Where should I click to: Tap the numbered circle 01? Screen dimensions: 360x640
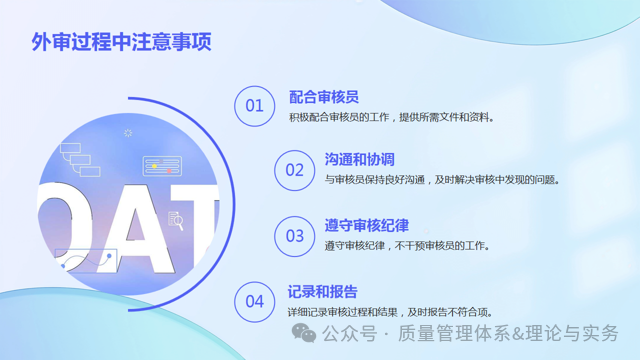pyautogui.click(x=254, y=105)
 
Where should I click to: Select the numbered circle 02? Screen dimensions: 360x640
pyautogui.click(x=294, y=170)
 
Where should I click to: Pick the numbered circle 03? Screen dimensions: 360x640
pyautogui.click(x=294, y=236)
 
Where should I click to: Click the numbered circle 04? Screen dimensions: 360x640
pyautogui.click(x=254, y=301)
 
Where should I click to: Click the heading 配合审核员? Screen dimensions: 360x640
pyautogui.click(x=323, y=96)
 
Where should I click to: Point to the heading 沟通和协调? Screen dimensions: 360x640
pyautogui.click(x=359, y=160)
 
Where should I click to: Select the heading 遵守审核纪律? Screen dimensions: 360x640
pyautogui.click(x=366, y=225)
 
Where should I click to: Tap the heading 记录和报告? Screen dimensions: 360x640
pyautogui.click(x=322, y=291)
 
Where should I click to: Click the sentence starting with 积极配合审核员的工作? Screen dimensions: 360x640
pyautogui.click(x=391, y=117)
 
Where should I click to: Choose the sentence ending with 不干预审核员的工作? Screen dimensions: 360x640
pyautogui.click(x=407, y=246)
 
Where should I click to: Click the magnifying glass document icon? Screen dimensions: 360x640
pyautogui.click(x=176, y=220)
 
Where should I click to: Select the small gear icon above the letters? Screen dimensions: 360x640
pyautogui.click(x=128, y=133)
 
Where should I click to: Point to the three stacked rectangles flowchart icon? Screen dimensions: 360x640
pyautogui.click(x=75, y=157)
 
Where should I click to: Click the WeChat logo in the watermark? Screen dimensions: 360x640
pyautogui.click(x=307, y=334)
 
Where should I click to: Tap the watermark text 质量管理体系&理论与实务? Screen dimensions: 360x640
pyautogui.click(x=509, y=334)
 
